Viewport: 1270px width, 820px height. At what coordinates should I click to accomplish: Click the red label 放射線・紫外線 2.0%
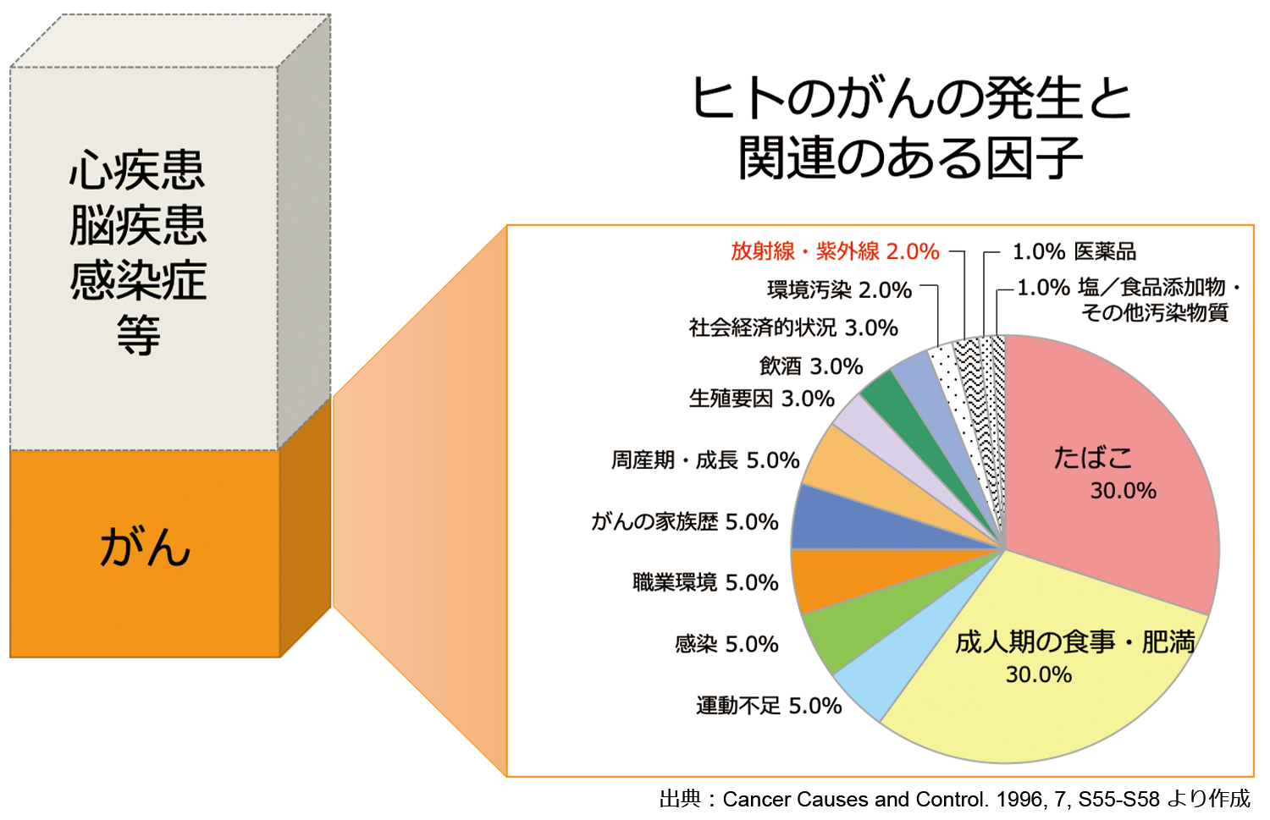pyautogui.click(x=835, y=251)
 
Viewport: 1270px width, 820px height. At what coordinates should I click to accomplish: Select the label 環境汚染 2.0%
pyautogui.click(x=839, y=290)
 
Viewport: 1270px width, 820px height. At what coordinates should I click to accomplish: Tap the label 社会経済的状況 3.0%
pyautogui.click(x=792, y=328)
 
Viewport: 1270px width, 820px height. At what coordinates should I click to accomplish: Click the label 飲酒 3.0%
pyautogui.click(x=810, y=366)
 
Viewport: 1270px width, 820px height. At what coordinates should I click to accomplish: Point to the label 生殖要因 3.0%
pyautogui.click(x=761, y=399)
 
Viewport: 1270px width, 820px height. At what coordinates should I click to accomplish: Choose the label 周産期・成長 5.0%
pyautogui.click(x=705, y=460)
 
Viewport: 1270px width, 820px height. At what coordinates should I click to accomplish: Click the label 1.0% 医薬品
pyautogui.click(x=1074, y=251)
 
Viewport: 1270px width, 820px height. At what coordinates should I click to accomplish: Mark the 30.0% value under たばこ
pyautogui.click(x=1123, y=491)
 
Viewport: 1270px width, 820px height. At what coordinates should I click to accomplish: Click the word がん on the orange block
pyautogui.click(x=145, y=548)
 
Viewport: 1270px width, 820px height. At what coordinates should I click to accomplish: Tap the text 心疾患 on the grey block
pyautogui.click(x=137, y=172)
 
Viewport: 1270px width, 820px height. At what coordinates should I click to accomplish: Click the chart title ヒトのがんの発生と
pyautogui.click(x=911, y=99)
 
